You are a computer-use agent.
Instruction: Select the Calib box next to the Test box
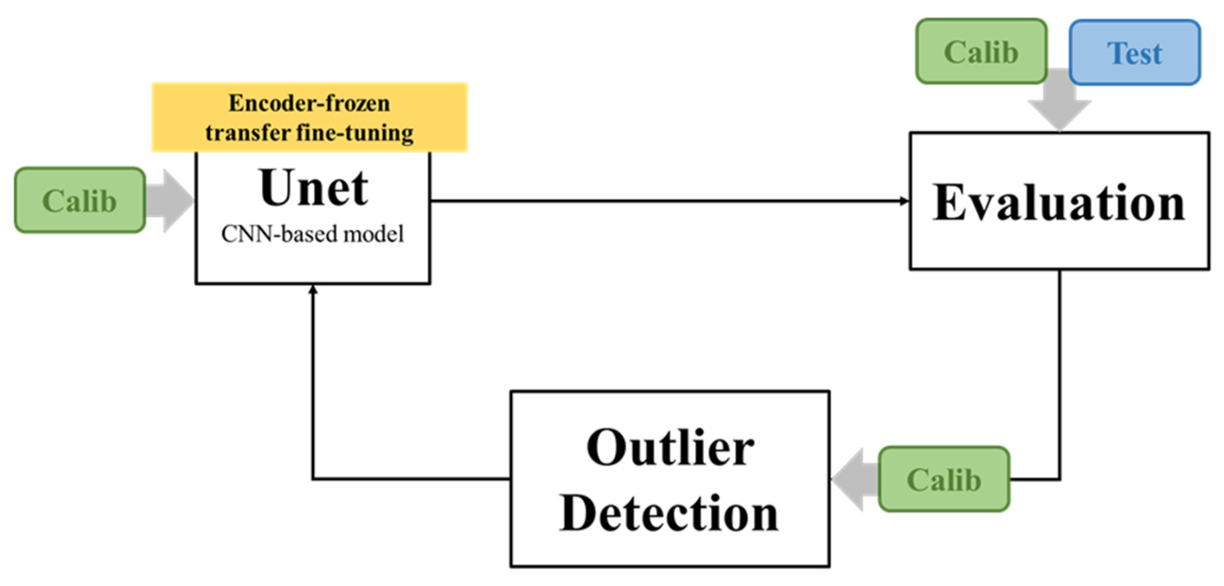coord(981,52)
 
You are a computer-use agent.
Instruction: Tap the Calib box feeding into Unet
coord(80,201)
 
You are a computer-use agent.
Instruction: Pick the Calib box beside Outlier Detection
coord(943,479)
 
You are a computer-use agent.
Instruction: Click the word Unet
coord(314,188)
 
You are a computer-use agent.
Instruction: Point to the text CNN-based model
coord(313,234)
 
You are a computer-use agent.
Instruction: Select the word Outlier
coord(670,448)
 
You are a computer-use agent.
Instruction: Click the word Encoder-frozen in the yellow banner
coord(309,103)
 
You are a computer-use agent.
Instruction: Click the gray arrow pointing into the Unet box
coord(171,201)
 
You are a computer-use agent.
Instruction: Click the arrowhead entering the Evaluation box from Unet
coord(904,201)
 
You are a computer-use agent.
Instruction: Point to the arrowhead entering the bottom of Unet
coord(313,290)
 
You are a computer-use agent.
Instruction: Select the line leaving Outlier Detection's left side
coord(411,479)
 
